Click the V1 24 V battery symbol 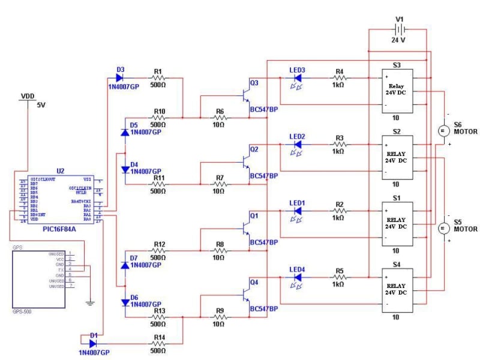point(399,30)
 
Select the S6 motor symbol point(443,130)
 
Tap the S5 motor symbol point(443,229)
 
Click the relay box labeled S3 point(396,91)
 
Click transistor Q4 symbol point(245,293)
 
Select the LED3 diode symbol point(297,78)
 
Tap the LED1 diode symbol point(297,211)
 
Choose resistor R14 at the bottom point(159,344)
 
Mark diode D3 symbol point(120,77)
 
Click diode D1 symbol point(93,344)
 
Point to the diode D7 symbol point(125,265)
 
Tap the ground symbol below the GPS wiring point(90,302)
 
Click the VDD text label point(28,96)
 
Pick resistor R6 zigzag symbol point(219,118)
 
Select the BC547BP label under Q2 point(263,176)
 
